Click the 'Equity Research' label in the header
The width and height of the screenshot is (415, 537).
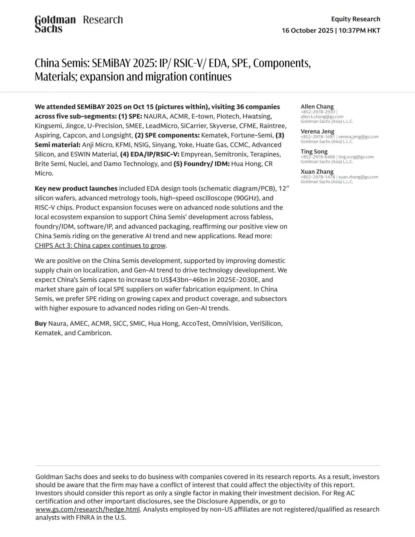click(356, 19)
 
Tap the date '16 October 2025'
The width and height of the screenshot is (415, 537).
click(307, 31)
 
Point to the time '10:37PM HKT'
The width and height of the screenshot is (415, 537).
click(359, 31)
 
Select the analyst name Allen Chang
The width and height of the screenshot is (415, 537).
click(317, 106)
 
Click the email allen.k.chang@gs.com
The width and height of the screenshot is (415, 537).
click(322, 117)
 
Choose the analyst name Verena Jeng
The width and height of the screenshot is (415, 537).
click(317, 131)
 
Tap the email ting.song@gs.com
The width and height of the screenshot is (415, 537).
click(356, 157)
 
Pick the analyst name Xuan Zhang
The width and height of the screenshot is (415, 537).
click(317, 172)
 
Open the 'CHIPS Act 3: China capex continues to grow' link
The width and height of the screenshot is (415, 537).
click(100, 245)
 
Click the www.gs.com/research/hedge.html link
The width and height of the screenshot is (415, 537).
click(87, 510)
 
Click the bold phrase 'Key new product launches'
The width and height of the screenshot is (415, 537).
click(76, 188)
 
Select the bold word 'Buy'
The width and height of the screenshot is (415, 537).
click(40, 323)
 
